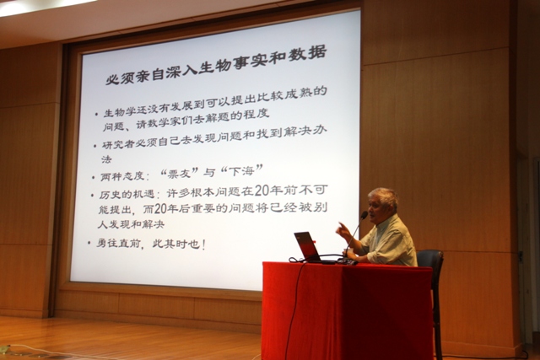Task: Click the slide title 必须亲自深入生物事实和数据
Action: tap(216, 67)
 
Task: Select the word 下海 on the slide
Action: tap(241, 171)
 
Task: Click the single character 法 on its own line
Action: tap(106, 159)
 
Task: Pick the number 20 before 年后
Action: tap(161, 209)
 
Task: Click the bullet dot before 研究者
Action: tap(95, 146)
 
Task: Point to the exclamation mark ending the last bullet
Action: tap(204, 244)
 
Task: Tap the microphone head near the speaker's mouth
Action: tap(364, 216)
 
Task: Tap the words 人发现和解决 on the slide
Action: tap(131, 225)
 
